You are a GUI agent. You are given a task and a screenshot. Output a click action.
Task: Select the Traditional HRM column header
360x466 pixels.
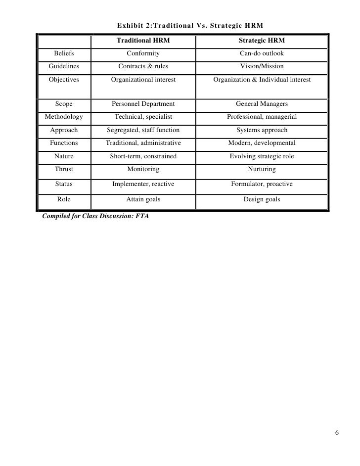coord(143,40)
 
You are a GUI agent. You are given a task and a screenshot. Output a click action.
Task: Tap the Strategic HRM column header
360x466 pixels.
coord(262,40)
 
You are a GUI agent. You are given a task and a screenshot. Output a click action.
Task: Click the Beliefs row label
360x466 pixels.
coord(64,53)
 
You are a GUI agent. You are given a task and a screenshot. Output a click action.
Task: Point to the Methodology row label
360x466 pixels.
coord(64,117)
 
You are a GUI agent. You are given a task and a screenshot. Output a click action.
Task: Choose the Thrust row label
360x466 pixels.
coord(64,169)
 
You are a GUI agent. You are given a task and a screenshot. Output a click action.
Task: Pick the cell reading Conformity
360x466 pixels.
coord(143,53)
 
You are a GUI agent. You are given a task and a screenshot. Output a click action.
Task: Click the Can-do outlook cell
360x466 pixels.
coord(262,53)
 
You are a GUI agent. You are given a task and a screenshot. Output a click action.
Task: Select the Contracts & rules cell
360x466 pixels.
coord(143,66)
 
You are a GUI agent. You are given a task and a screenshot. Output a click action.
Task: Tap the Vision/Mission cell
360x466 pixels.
coord(262,66)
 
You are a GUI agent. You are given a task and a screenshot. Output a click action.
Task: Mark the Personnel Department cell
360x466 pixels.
coord(143,104)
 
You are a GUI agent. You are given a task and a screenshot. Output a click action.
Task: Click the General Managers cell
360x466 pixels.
coord(262,104)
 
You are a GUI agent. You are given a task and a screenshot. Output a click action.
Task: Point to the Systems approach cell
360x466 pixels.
coord(262,130)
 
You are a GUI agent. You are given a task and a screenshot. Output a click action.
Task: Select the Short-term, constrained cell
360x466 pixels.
coord(143,156)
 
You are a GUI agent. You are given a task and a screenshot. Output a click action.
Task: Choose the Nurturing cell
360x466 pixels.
coord(262,169)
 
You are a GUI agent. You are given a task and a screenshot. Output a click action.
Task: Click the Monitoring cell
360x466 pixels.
coord(143,169)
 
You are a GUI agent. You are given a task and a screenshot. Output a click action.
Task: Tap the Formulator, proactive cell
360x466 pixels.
coord(262,184)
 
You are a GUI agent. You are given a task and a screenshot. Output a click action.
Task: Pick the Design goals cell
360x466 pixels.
coord(262,200)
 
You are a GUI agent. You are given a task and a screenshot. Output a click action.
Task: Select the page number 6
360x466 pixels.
coord(337,434)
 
